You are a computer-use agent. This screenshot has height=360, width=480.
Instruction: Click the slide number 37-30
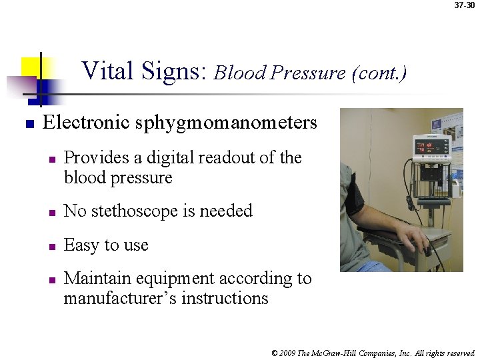pos(465,5)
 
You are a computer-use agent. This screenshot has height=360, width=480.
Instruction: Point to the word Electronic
pos(85,123)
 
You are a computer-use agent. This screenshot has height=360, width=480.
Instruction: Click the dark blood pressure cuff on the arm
pos(354,198)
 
